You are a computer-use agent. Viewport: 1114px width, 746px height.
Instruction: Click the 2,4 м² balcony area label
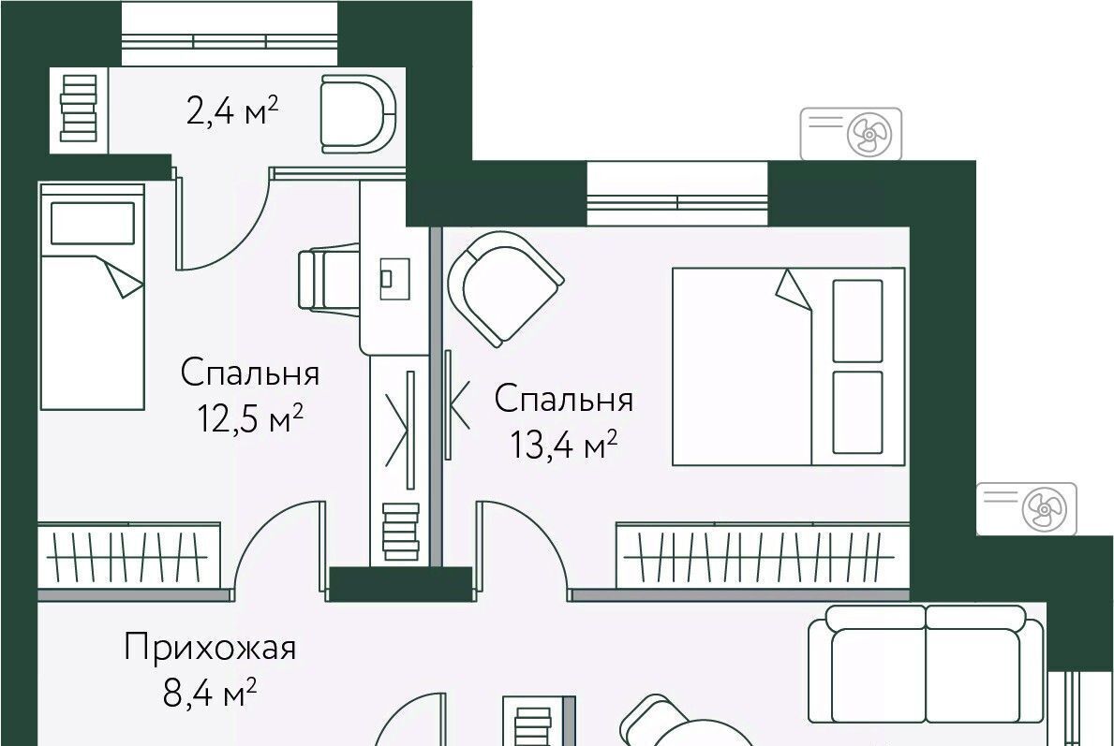pos(231,110)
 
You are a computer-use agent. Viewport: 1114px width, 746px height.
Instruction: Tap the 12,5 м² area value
pos(250,418)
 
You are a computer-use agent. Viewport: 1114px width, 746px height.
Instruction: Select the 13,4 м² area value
pos(563,445)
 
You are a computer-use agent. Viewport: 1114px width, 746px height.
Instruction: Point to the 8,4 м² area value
pos(210,692)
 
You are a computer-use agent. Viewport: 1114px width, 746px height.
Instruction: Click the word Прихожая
pos(210,649)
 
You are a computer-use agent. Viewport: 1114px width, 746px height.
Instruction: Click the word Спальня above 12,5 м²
pos(250,373)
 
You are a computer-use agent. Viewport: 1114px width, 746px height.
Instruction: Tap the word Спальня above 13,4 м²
pos(563,400)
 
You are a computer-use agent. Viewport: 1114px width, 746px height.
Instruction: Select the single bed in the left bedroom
pos(93,297)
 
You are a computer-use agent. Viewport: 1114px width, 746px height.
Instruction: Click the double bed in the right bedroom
pos(789,366)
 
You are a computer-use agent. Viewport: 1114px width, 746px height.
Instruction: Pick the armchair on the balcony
pos(357,113)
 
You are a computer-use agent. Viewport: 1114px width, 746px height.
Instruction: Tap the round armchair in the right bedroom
pos(505,287)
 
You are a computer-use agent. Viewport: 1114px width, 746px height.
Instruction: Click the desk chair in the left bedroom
pos(328,277)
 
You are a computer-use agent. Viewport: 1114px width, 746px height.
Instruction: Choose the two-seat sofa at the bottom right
pos(927,665)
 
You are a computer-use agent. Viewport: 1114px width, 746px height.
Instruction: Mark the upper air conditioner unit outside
pos(851,134)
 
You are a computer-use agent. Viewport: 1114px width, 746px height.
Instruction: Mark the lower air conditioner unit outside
pos(1027,508)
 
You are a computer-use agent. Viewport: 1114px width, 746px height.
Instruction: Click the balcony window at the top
pos(230,34)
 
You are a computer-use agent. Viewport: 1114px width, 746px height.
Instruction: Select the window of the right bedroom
pos(677,194)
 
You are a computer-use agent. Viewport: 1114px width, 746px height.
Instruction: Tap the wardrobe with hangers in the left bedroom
pos(128,556)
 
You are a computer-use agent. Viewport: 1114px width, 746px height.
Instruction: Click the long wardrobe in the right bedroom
pos(763,556)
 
